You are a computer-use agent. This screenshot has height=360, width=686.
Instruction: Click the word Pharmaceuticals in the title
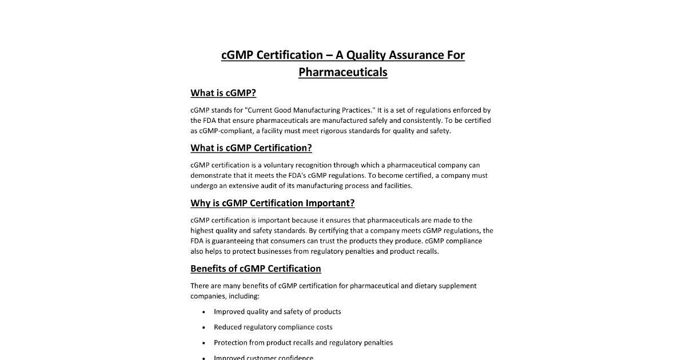click(x=343, y=72)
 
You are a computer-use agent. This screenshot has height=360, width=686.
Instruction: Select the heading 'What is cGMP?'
click(x=223, y=93)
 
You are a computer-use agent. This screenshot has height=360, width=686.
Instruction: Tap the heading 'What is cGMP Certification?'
click(x=251, y=148)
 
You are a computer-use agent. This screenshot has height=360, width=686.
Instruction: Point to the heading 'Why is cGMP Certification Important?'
click(x=272, y=203)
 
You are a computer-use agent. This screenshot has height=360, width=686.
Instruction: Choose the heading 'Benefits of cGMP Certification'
click(x=256, y=269)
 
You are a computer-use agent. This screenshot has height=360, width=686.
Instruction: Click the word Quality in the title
click(x=366, y=55)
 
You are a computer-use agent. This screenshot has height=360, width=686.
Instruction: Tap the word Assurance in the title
click(x=416, y=55)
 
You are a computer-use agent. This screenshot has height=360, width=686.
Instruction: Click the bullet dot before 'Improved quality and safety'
click(x=204, y=312)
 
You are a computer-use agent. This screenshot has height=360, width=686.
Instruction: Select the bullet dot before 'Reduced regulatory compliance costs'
click(x=204, y=327)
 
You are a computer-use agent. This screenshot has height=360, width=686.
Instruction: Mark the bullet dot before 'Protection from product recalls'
click(x=204, y=343)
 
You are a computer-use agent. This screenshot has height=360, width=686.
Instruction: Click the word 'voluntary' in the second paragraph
click(x=279, y=165)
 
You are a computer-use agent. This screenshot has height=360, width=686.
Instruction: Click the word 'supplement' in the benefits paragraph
click(x=457, y=286)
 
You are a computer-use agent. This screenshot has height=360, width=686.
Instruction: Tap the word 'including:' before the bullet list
click(x=244, y=296)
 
